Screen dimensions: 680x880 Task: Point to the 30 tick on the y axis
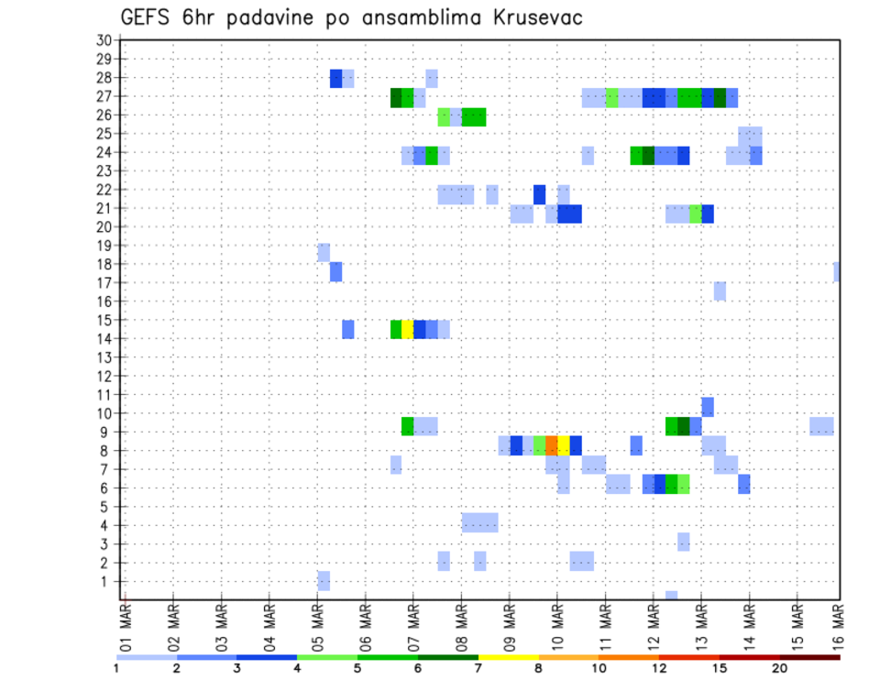104,40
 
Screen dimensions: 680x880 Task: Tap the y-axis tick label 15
104,320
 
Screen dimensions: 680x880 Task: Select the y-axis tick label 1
106,581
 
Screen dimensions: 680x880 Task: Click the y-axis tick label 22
104,190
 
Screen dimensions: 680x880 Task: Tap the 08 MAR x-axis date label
461,626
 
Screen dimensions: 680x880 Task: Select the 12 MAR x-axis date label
653,626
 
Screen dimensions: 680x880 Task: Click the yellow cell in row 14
408,329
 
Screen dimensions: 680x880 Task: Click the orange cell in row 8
552,445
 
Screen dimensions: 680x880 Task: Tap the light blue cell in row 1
324,581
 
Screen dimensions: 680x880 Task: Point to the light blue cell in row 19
324,252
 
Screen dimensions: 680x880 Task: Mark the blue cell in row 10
708,407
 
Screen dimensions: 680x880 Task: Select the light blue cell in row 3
684,542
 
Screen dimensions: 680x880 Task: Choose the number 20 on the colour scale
780,669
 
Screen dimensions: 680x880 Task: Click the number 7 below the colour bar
478,669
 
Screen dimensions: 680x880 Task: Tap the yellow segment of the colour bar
509,657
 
